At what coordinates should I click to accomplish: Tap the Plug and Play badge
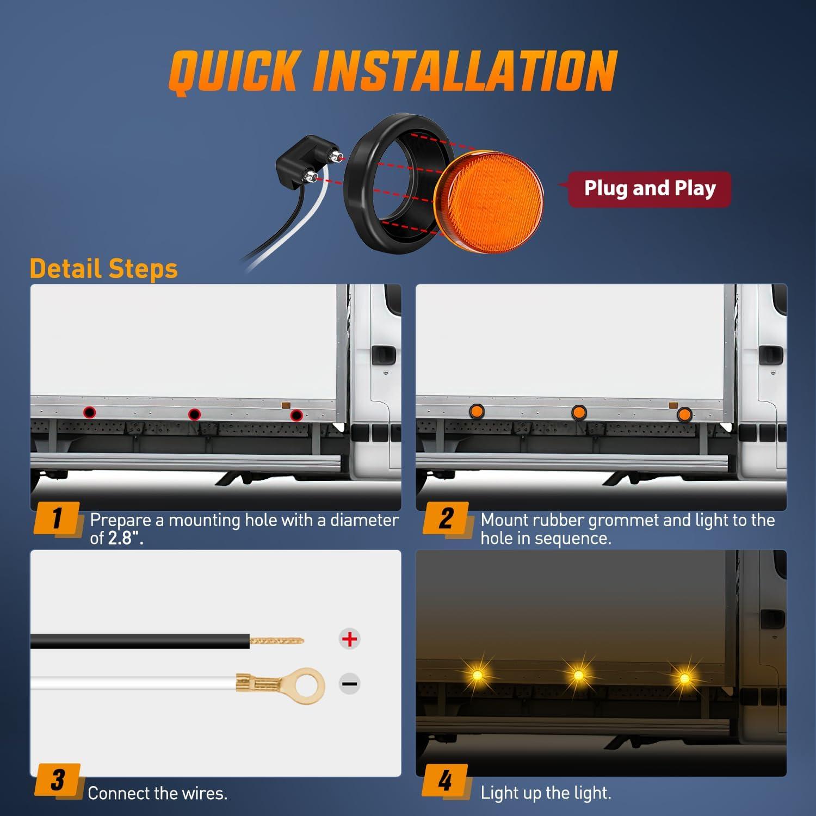tap(650, 189)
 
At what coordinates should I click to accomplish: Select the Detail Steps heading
tap(104, 269)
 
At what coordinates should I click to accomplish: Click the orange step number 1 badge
tap(57, 518)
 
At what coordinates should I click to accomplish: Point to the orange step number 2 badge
tap(446, 518)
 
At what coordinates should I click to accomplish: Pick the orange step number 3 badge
tap(57, 780)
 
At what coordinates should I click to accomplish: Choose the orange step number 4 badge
tap(446, 780)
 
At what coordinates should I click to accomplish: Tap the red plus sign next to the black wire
tap(349, 639)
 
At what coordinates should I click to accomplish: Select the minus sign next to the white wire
tap(349, 684)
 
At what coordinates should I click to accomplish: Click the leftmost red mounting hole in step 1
tap(90, 412)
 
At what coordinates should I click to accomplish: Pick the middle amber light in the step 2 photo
tap(578, 412)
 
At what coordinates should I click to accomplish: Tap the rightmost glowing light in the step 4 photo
tap(684, 678)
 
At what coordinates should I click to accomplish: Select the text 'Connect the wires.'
tap(157, 793)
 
